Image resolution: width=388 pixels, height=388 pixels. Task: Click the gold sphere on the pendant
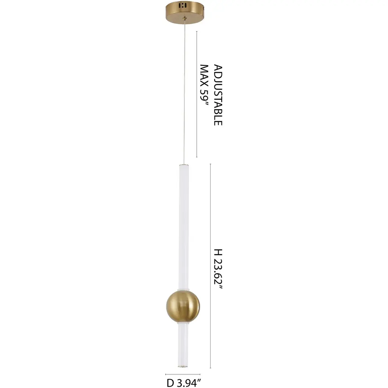click(183, 306)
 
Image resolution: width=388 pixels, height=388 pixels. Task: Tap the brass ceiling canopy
click(185, 13)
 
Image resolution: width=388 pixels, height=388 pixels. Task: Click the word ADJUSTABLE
click(218, 95)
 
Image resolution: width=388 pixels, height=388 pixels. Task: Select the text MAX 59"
click(204, 85)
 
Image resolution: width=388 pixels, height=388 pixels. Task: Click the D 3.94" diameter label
click(183, 383)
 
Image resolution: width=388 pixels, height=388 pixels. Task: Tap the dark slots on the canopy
click(183, 5)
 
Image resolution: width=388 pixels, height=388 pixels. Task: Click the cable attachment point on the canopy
click(185, 18)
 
